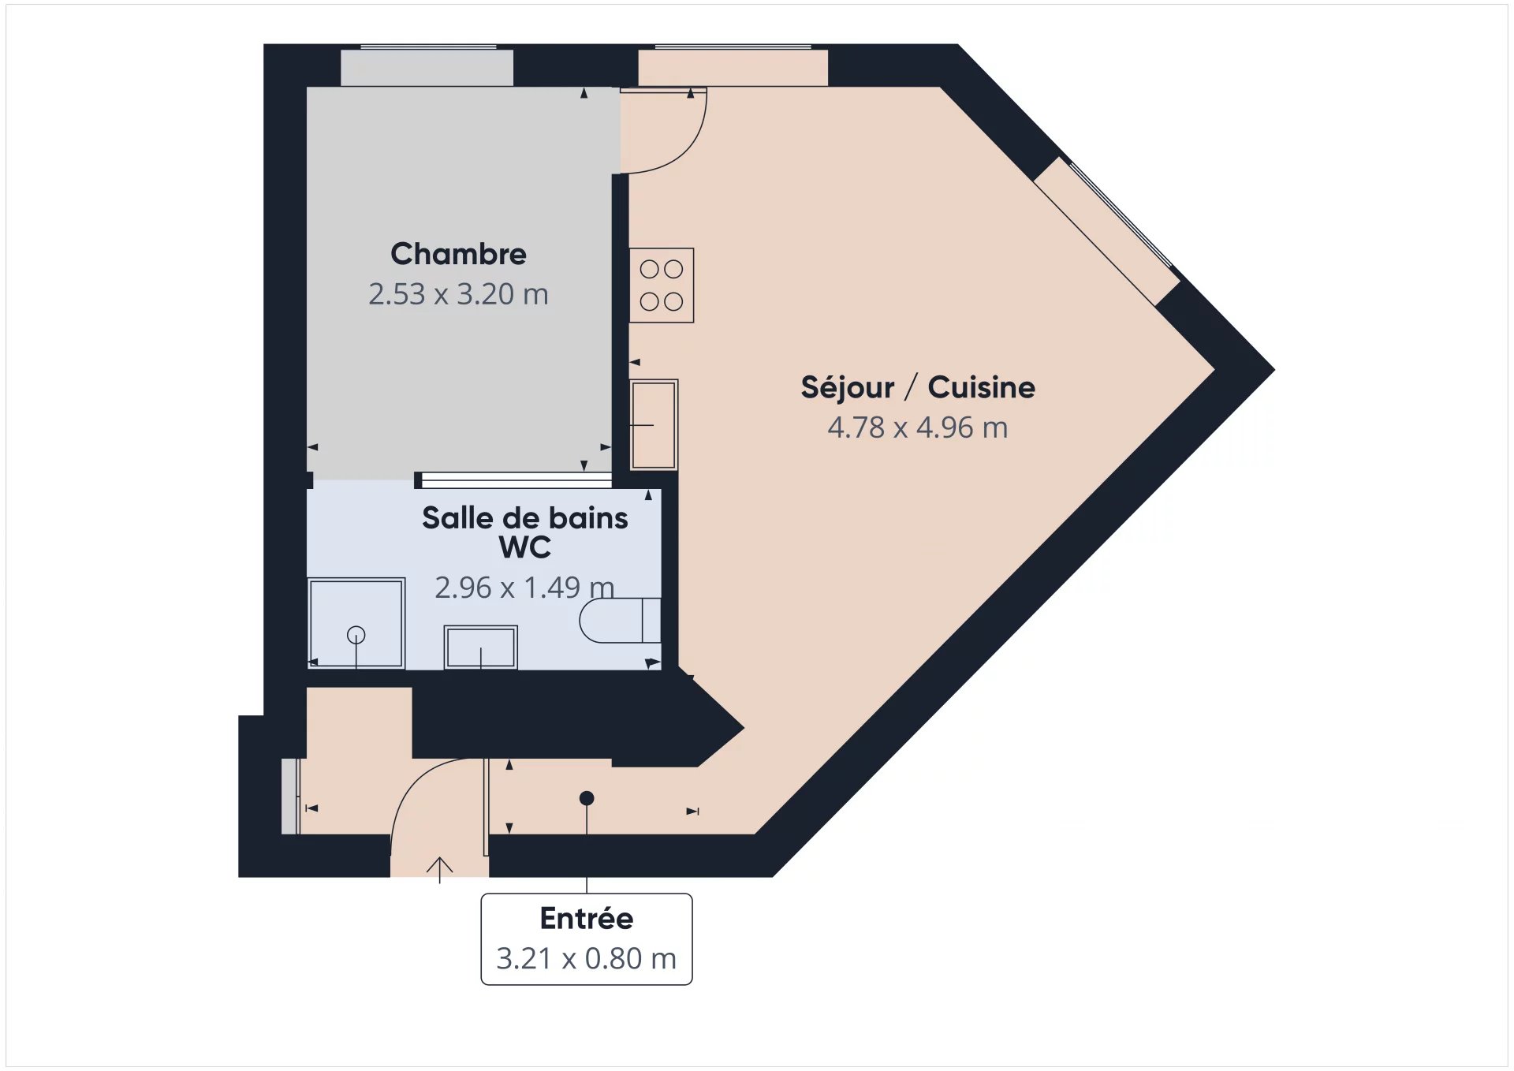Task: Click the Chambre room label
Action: pyautogui.click(x=458, y=254)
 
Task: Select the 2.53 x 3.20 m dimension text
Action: pyautogui.click(x=458, y=294)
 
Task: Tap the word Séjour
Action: pyautogui.click(x=848, y=387)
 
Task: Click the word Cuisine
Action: pyautogui.click(x=981, y=387)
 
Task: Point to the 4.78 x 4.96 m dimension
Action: pyautogui.click(x=918, y=427)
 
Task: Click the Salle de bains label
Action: pyautogui.click(x=525, y=518)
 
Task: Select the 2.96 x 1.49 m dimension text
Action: pyautogui.click(x=524, y=588)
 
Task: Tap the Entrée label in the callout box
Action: pyautogui.click(x=587, y=919)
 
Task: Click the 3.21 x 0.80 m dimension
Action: pyautogui.click(x=587, y=959)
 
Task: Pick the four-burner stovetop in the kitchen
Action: pyautogui.click(x=662, y=285)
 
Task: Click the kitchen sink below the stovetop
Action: pyautogui.click(x=654, y=424)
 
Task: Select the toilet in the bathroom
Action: pyautogui.click(x=621, y=621)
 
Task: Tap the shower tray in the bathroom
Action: pyautogui.click(x=356, y=623)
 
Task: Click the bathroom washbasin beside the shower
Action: pyautogui.click(x=481, y=647)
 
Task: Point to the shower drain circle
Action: pyautogui.click(x=356, y=634)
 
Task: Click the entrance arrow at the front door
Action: pyautogui.click(x=440, y=870)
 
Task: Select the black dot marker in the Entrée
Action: pyautogui.click(x=587, y=798)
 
